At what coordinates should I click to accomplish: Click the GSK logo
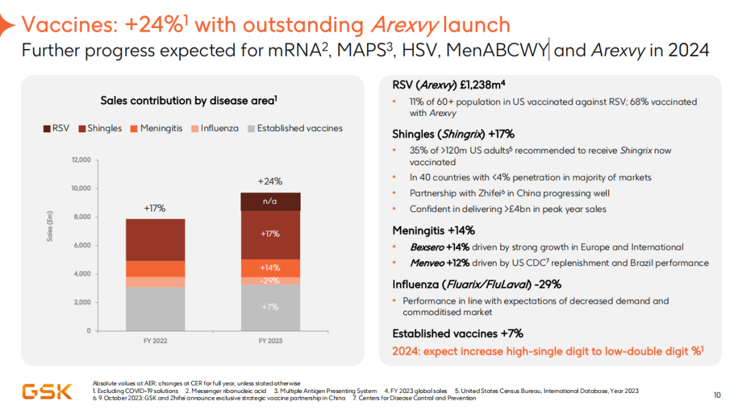point(47,391)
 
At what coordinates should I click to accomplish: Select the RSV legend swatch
point(46,128)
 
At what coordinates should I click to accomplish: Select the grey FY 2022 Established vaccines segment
point(154,308)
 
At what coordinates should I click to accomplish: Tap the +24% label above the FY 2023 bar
point(269,181)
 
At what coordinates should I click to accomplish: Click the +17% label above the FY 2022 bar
point(154,208)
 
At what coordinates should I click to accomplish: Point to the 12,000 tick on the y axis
point(81,160)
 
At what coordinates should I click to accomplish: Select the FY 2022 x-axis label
point(154,340)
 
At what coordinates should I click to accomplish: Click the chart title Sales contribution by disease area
point(188,101)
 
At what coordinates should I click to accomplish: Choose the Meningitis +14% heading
point(433,231)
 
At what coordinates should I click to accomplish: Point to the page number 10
point(717,394)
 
